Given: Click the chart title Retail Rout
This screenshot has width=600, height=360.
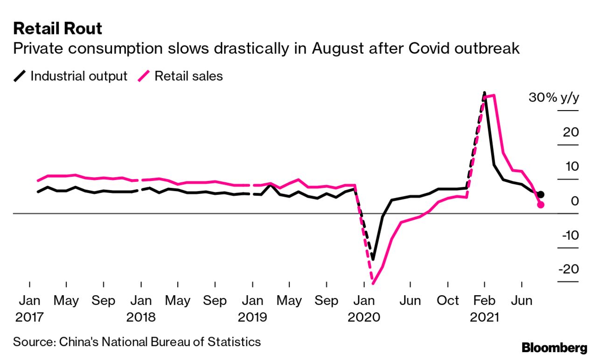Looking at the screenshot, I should [x=58, y=29].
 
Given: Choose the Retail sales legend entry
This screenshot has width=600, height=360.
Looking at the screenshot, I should [x=181, y=76].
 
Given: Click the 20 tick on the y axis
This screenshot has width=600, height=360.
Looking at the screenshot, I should [x=571, y=132].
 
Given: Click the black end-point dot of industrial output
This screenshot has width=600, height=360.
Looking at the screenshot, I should [x=540, y=194].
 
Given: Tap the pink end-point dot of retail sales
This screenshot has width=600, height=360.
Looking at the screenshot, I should [x=541, y=205].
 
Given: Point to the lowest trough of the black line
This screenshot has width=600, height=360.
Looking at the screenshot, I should [x=373, y=259].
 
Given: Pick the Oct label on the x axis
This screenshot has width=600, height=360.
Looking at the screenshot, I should [x=447, y=301].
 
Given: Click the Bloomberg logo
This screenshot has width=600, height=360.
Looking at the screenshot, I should [x=554, y=347].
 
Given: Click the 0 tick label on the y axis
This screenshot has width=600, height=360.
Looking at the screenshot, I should [x=574, y=201].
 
